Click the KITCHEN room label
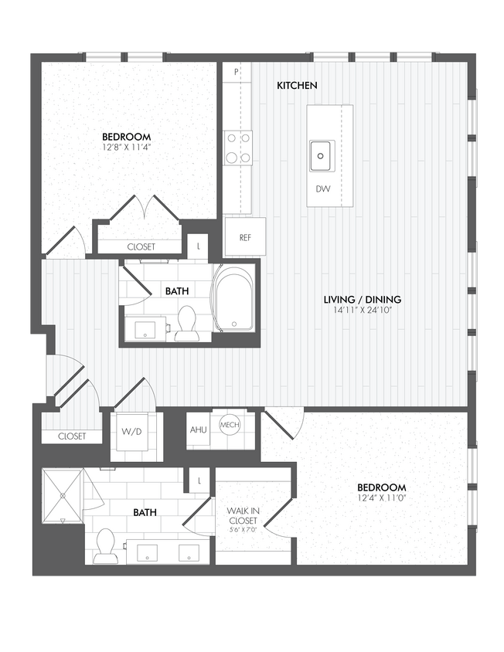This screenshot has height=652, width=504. [x=298, y=85]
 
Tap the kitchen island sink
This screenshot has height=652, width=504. [x=322, y=155]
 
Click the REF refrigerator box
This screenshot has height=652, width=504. [x=245, y=237]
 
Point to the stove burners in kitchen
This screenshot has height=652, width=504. [x=238, y=148]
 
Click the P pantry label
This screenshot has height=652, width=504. [x=236, y=72]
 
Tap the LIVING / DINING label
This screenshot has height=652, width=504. [x=361, y=300]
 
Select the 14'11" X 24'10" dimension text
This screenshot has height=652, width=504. [x=361, y=311]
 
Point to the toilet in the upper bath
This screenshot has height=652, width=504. [x=187, y=323]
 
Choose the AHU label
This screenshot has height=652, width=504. [x=198, y=430]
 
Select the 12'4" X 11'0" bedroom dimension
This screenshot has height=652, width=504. [x=381, y=500]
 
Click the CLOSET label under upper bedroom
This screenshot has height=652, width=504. [x=141, y=246]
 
